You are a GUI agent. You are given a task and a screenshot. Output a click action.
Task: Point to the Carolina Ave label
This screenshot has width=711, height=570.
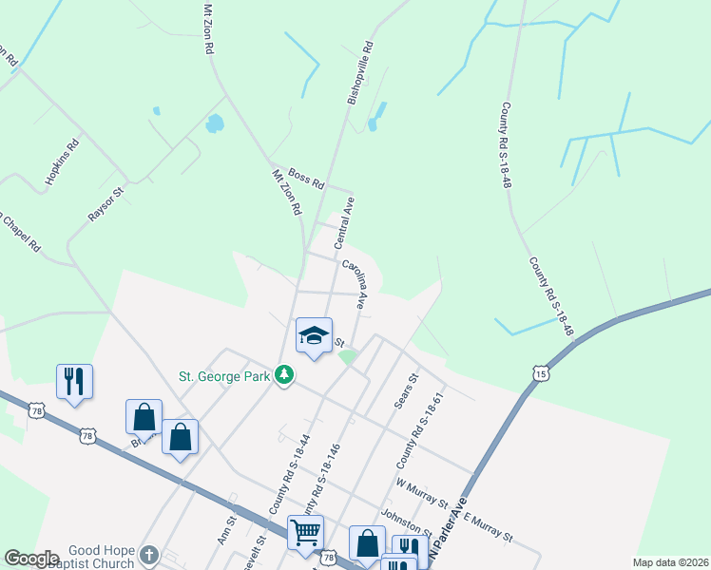[x=356, y=284]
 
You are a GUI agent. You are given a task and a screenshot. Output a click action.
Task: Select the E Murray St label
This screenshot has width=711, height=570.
[x=487, y=525]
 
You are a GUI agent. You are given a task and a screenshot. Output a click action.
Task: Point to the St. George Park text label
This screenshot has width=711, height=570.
[x=225, y=375]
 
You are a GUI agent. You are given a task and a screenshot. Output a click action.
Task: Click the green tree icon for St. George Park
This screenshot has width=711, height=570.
[x=283, y=376]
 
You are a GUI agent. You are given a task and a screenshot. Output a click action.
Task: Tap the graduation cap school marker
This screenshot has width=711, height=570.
[x=315, y=336]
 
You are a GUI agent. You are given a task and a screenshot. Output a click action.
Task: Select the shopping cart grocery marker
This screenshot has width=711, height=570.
[x=306, y=532]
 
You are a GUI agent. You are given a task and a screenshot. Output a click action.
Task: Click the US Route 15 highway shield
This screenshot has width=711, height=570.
[x=540, y=374]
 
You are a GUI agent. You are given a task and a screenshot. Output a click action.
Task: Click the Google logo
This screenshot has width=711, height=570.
[x=31, y=559]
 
